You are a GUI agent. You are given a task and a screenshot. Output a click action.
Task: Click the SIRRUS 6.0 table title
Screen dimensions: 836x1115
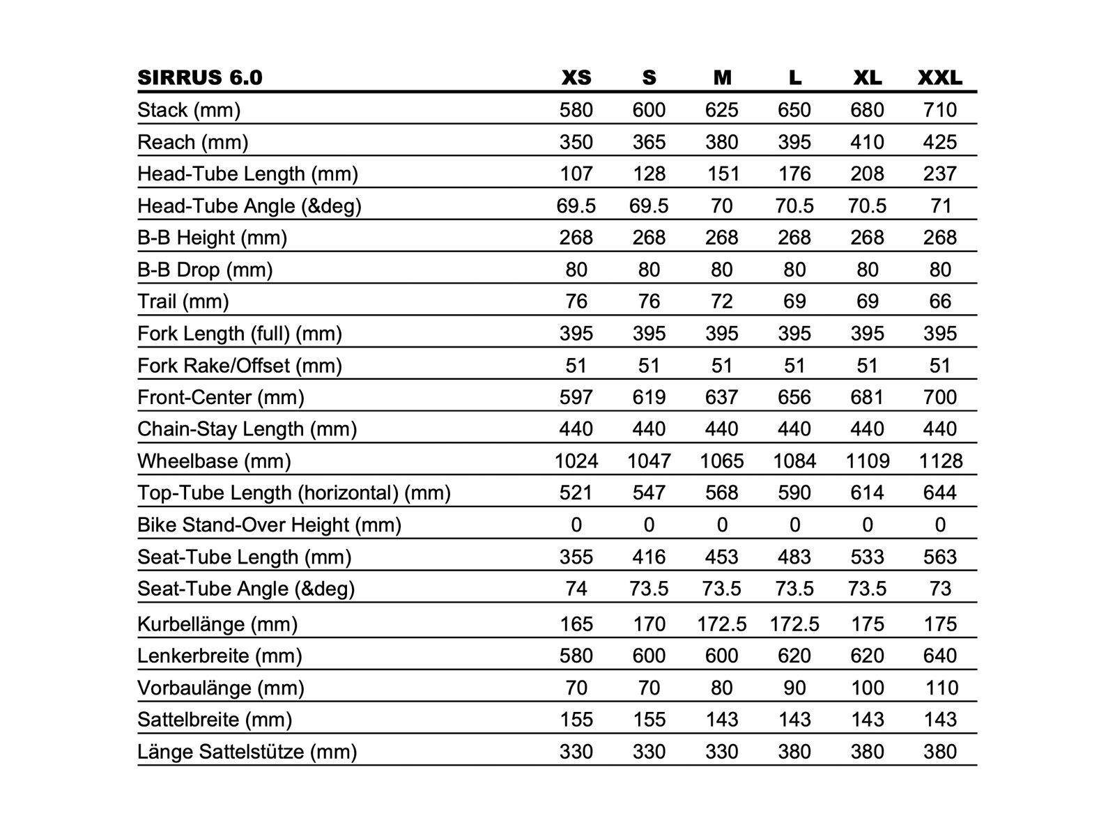pyautogui.click(x=200, y=77)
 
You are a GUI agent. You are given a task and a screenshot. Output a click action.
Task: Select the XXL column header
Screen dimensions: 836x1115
pyautogui.click(x=939, y=77)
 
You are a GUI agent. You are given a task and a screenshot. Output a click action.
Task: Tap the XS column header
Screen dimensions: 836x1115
pyautogui.click(x=576, y=77)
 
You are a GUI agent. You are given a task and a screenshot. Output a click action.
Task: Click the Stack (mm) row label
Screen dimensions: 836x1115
pyautogui.click(x=189, y=110)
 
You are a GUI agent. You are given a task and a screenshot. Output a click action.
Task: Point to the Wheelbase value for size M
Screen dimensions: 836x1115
pyautogui.click(x=721, y=461)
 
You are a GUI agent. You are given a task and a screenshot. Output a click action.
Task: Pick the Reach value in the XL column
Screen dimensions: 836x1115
pyautogui.click(x=867, y=142)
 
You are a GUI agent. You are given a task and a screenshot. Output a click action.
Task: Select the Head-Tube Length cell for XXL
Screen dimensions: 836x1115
pyautogui.click(x=939, y=174)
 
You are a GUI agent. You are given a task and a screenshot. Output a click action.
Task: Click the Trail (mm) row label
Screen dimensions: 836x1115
pyautogui.click(x=183, y=302)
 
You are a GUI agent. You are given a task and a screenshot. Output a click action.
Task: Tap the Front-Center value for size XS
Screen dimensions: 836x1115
pyautogui.click(x=576, y=397)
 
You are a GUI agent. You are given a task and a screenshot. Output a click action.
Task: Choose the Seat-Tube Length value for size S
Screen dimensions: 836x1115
pyautogui.click(x=649, y=557)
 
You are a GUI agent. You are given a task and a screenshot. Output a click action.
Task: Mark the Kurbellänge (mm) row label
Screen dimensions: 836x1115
pyautogui.click(x=217, y=624)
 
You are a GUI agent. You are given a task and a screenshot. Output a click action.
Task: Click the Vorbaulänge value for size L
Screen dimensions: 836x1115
pyautogui.click(x=794, y=688)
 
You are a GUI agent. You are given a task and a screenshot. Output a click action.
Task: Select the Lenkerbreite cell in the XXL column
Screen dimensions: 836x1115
pyautogui.click(x=939, y=656)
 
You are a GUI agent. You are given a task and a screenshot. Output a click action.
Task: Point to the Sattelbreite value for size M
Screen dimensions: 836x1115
pyautogui.click(x=721, y=720)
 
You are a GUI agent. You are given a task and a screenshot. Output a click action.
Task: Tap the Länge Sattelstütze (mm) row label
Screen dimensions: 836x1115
pyautogui.click(x=247, y=752)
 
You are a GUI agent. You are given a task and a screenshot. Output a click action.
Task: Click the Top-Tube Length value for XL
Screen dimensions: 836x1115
pyautogui.click(x=867, y=493)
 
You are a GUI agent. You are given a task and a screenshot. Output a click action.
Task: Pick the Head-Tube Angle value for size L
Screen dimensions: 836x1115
pyautogui.click(x=794, y=206)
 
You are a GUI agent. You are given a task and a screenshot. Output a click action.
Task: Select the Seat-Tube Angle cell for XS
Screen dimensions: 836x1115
pyautogui.click(x=576, y=589)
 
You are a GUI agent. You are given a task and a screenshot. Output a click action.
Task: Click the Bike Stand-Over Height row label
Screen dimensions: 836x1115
pyautogui.click(x=270, y=525)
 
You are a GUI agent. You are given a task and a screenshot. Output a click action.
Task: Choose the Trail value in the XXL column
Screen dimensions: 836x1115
pyautogui.click(x=939, y=302)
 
